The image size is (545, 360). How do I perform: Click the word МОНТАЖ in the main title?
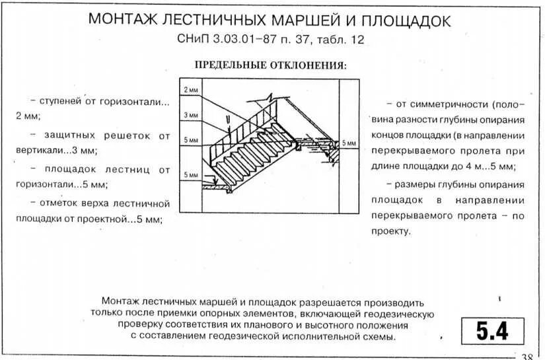point(122,20)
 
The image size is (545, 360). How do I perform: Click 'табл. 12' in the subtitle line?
point(341,40)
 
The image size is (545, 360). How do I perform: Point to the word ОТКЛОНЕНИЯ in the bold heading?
point(309,65)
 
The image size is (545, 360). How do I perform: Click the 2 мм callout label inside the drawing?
point(191,89)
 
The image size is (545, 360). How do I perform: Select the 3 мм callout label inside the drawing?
point(191,115)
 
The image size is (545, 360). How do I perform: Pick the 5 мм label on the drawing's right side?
point(349,143)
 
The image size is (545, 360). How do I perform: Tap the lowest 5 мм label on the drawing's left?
point(191,175)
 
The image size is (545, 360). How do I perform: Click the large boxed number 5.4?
point(488,331)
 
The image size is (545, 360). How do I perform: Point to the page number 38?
point(527,357)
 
